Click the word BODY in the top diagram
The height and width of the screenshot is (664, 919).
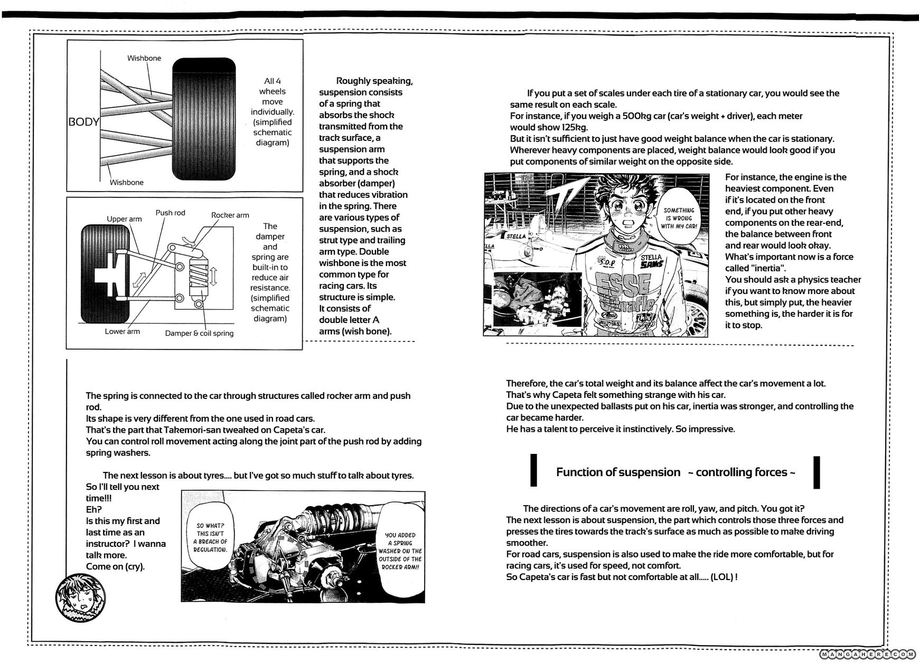84,122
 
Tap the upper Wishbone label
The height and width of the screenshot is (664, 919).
144,58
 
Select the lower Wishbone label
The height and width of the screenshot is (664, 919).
127,182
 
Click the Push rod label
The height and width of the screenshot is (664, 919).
170,213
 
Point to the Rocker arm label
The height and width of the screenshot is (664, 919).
230,215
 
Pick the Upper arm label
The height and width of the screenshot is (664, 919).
124,219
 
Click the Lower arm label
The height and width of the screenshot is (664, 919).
122,331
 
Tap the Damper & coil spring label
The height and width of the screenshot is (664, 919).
199,333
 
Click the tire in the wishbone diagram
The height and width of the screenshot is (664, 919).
204,119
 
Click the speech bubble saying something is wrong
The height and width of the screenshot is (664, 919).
679,217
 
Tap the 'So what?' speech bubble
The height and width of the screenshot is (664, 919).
210,537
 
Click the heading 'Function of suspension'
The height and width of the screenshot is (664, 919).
618,472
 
